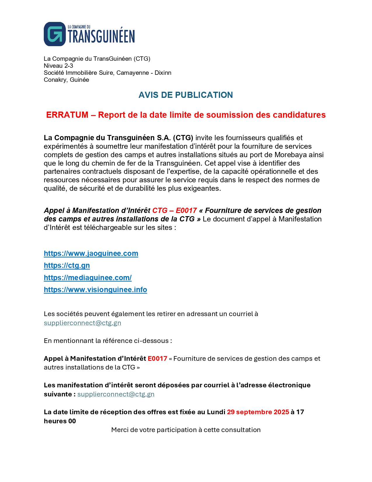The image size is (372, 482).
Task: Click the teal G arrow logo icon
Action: coord(55,34)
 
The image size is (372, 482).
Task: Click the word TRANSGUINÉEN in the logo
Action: coord(101,37)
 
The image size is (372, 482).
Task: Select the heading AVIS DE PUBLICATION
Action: coord(186,95)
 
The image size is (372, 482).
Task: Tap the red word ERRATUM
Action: coord(67,115)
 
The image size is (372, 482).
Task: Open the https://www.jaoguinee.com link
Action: coord(91,253)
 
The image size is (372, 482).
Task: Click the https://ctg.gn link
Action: coord(67,265)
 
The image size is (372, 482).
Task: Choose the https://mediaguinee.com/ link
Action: coord(88,278)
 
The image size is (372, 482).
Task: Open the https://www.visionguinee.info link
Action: coord(95,289)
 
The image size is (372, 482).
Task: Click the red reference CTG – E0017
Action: coord(174,210)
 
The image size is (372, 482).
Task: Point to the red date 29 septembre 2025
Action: coord(258,412)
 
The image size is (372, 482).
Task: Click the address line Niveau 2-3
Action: coord(58,66)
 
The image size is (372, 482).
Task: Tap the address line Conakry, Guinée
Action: coord(66,80)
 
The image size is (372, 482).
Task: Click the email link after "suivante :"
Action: coord(116,394)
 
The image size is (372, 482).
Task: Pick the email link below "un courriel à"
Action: coord(82,323)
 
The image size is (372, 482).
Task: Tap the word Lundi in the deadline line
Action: coord(216,412)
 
